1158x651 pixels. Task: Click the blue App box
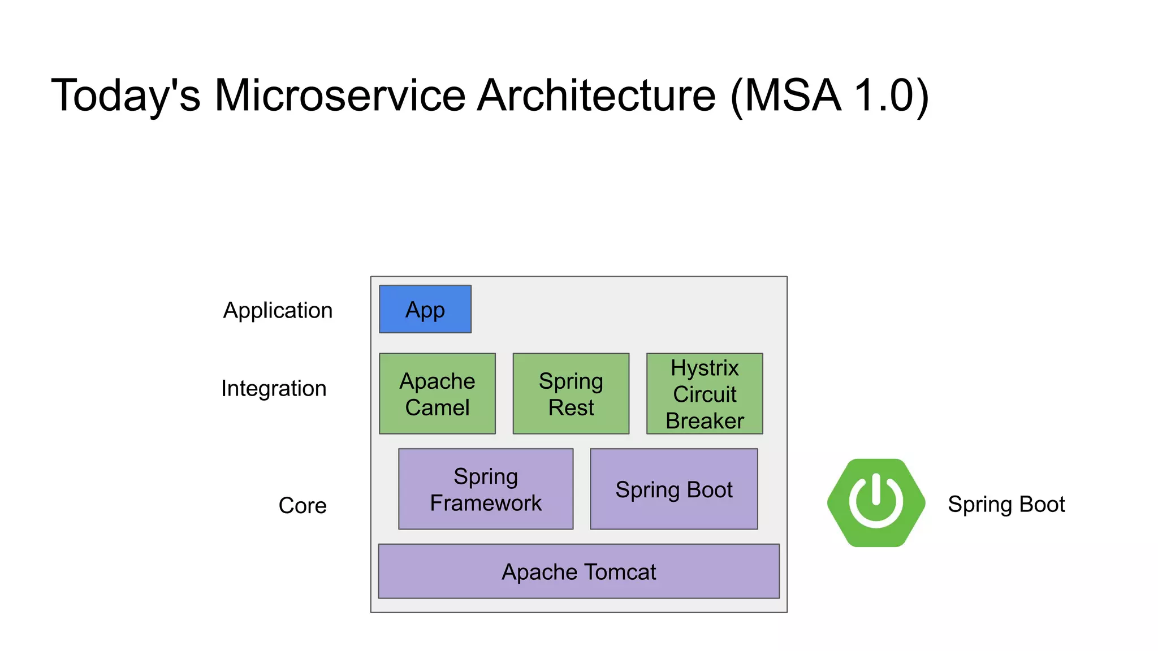tap(425, 309)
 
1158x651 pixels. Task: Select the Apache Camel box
tap(437, 394)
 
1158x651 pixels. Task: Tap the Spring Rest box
tap(571, 394)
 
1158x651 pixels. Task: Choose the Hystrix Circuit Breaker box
tap(705, 394)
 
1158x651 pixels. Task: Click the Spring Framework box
tap(485, 489)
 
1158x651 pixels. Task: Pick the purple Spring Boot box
tap(673, 489)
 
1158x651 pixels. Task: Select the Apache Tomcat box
tap(578, 571)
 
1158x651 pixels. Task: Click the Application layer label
tap(278, 310)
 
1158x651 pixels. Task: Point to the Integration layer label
tap(274, 388)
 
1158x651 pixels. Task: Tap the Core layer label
tap(303, 505)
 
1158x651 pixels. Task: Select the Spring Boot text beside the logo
tap(1006, 504)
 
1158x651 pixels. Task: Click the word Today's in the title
tap(126, 95)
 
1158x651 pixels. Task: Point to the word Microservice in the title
tap(340, 95)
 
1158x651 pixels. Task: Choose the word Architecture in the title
tap(597, 95)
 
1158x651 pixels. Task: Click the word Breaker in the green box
tap(705, 420)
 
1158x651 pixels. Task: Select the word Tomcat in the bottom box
tap(620, 572)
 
